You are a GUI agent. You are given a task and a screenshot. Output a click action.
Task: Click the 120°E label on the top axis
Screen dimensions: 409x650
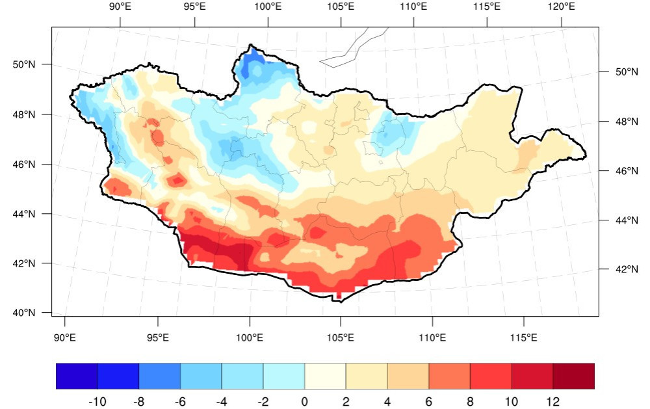(x=561, y=7)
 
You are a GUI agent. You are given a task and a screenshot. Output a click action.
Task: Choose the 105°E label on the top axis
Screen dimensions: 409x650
(x=341, y=7)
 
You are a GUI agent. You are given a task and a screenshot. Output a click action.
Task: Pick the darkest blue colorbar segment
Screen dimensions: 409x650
(x=77, y=376)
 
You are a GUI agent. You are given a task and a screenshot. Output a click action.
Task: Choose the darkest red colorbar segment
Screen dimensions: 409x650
(x=573, y=376)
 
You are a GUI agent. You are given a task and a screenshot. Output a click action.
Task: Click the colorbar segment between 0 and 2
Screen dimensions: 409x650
(x=325, y=376)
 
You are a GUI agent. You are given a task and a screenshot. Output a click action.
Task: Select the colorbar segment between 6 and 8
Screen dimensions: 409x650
(x=449, y=376)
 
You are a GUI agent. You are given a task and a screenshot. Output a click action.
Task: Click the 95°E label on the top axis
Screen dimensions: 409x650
(x=194, y=7)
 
